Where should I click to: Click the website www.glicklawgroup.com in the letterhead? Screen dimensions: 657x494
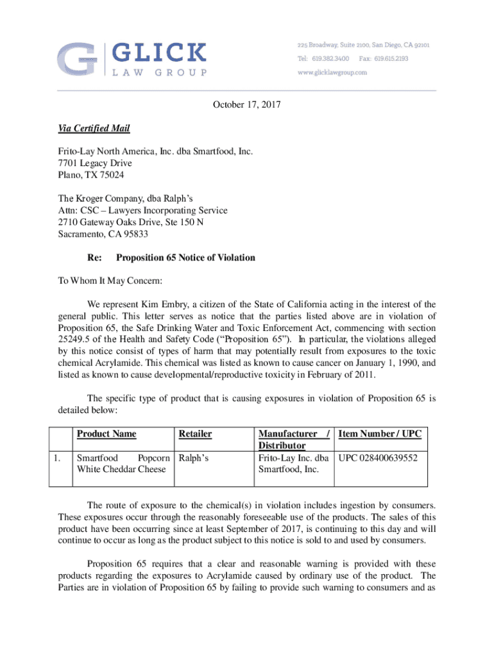332,73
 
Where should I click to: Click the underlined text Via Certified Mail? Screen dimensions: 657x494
94,129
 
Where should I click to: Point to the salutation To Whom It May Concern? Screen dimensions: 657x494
101,281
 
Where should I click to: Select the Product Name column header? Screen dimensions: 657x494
106,434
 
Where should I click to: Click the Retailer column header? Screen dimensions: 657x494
195,434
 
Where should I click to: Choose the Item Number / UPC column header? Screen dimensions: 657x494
379,434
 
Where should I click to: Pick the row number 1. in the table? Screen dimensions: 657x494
58,459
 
